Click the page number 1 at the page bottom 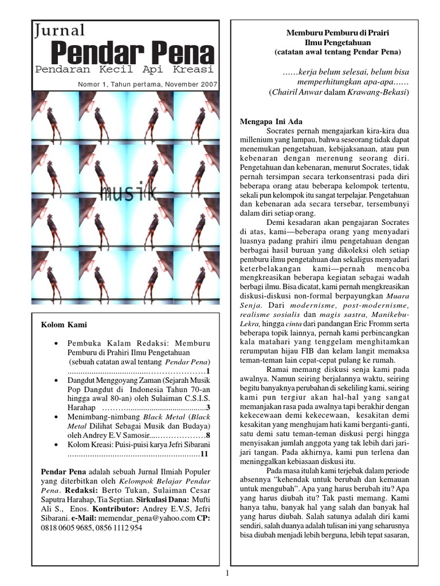coord(227,573)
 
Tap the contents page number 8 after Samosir coord(209,435)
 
